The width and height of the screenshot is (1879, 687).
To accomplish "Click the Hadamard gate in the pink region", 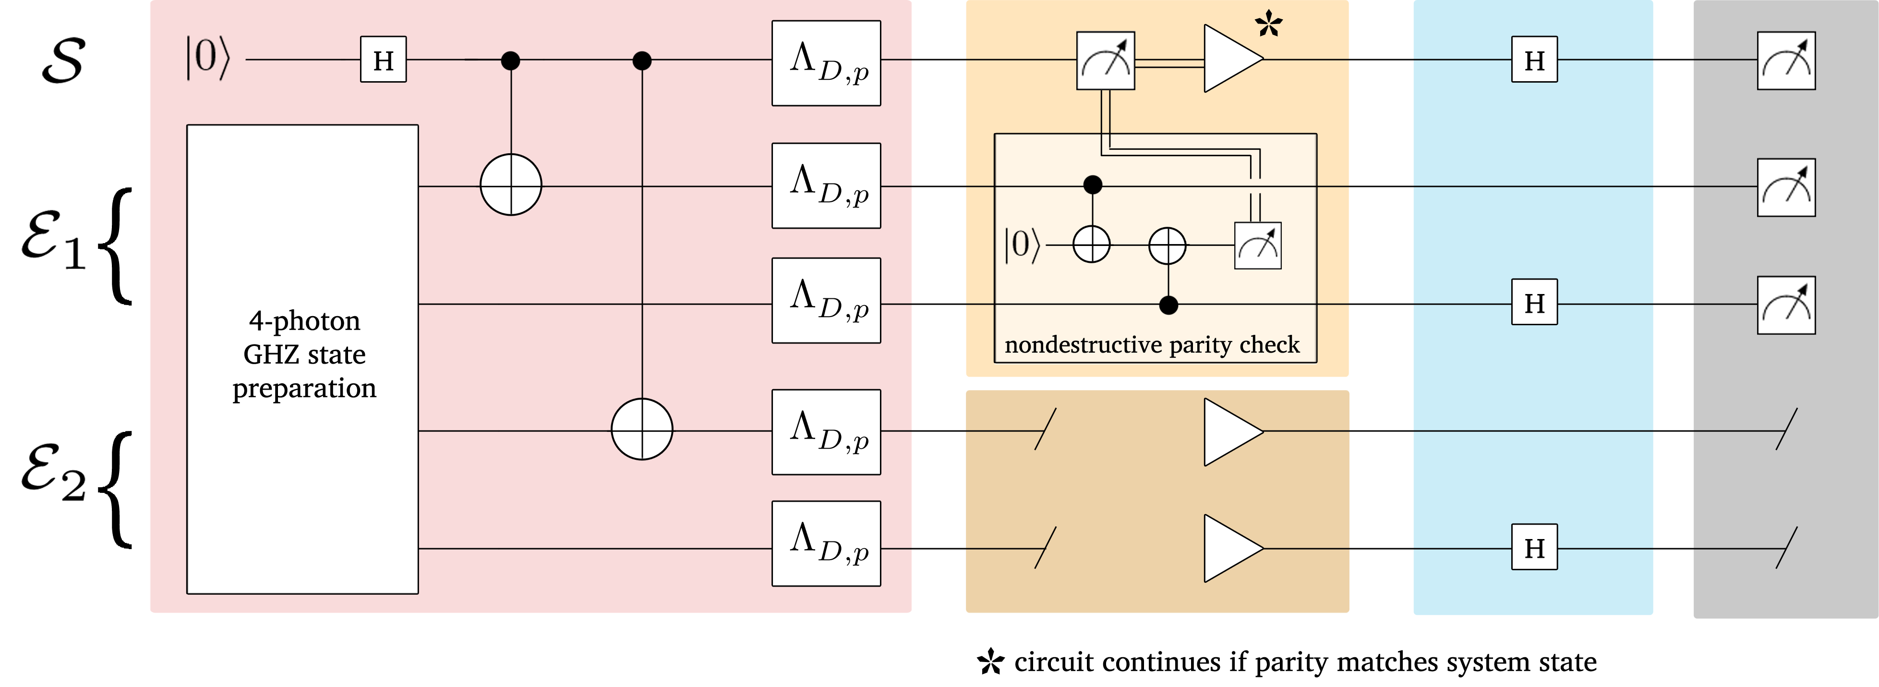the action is (x=383, y=60).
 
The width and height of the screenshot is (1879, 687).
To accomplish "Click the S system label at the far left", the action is (x=63, y=61).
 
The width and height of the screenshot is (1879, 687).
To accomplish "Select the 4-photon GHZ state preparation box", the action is (x=303, y=359).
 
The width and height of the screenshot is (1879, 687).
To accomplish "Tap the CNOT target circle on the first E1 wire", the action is (x=511, y=184).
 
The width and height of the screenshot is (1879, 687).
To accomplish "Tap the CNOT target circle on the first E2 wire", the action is (x=642, y=429).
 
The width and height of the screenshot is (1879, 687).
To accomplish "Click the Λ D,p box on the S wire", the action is (x=826, y=63).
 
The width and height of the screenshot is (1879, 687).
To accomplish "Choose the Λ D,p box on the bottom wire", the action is (x=826, y=543).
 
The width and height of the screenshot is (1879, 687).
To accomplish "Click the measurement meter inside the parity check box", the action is (x=1257, y=246).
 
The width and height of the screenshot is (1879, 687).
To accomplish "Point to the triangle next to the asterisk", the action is (x=1233, y=59).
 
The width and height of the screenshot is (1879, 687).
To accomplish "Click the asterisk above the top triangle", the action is (x=1268, y=24).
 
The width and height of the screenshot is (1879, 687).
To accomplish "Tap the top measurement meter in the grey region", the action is (x=1786, y=61).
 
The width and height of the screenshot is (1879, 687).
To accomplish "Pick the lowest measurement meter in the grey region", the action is (x=1786, y=305).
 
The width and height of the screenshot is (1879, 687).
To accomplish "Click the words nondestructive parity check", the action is (x=1152, y=344).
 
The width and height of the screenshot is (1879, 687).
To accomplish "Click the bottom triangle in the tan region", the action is (x=1233, y=548).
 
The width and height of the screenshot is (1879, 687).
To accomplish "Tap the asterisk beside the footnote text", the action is (x=990, y=662).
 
